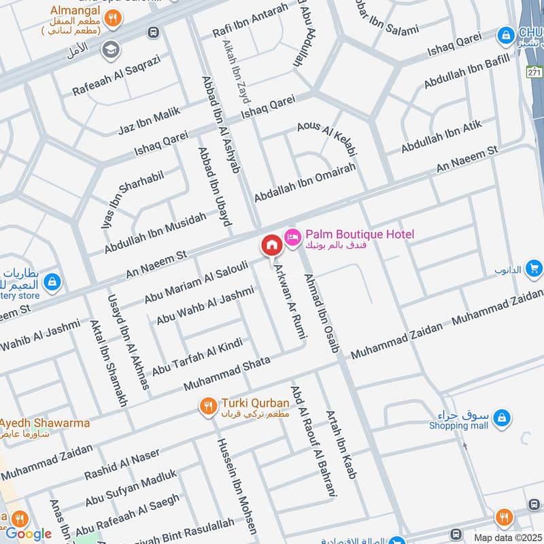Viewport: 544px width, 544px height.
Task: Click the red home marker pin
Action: point(271,245)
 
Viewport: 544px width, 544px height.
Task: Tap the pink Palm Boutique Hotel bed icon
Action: point(292,236)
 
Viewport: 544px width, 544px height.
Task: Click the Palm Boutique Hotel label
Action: point(359,235)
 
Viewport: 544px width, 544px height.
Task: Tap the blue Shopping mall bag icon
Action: point(502,415)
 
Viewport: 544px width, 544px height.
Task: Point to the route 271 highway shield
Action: point(535,72)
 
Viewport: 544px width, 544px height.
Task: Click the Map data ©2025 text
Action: point(506,537)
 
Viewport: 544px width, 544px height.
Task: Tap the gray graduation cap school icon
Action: point(110,50)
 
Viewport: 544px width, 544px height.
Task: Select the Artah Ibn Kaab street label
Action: point(341,444)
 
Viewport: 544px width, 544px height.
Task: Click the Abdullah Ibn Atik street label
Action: point(441,137)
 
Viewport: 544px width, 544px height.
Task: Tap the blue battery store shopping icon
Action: point(52,282)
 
